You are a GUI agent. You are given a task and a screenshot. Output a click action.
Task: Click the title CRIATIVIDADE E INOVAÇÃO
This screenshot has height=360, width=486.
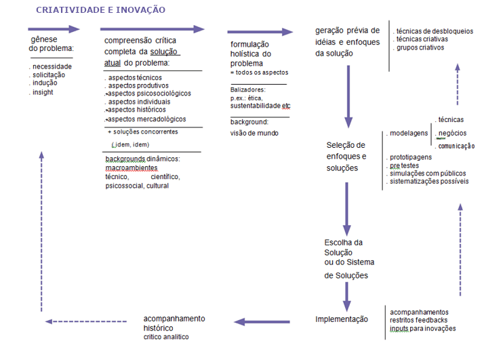tap(100, 10)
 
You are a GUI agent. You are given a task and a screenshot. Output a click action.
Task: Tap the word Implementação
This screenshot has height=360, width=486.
tap(342, 319)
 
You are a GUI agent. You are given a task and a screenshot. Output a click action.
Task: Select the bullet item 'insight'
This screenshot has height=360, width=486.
tap(42, 92)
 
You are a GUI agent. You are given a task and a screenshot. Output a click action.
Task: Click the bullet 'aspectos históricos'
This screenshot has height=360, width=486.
tap(136, 110)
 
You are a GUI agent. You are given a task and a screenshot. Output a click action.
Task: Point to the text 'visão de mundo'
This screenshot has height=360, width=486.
tap(254, 133)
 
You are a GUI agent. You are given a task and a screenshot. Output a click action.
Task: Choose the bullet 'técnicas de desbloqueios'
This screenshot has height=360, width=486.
tap(434, 31)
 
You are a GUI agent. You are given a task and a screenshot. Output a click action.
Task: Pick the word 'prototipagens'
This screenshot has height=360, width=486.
tap(415, 157)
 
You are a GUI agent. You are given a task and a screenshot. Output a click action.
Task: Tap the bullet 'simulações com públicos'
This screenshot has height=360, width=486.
tap(427, 174)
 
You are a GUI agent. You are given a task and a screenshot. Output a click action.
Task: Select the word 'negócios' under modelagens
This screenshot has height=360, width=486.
tap(452, 133)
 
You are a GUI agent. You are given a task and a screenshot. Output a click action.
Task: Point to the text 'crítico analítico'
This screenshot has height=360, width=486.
tap(166, 337)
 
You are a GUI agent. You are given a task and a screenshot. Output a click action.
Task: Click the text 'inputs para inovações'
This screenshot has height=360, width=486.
tap(422, 329)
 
